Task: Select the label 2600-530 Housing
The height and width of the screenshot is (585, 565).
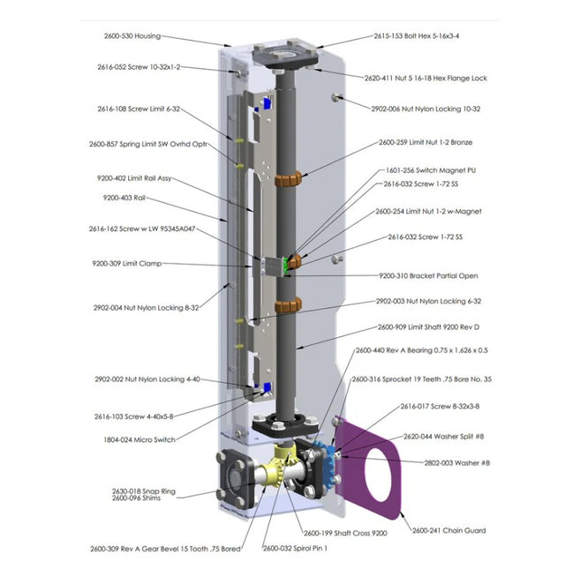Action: pyautogui.click(x=132, y=36)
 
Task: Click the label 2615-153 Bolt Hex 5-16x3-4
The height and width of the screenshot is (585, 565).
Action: pyautogui.click(x=417, y=36)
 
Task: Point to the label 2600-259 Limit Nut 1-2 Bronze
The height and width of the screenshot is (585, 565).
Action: pyautogui.click(x=426, y=143)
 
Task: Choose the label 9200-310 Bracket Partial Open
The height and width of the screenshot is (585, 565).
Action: pyautogui.click(x=428, y=276)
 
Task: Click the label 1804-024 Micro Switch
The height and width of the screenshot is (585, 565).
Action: pyautogui.click(x=139, y=440)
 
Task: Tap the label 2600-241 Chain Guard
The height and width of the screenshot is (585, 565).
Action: pyautogui.click(x=449, y=530)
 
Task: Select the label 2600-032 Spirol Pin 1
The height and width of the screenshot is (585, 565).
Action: pyautogui.click(x=295, y=549)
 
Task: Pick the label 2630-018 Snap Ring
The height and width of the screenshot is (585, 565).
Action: pyautogui.click(x=144, y=491)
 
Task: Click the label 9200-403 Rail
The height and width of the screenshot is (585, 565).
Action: pyautogui.click(x=124, y=198)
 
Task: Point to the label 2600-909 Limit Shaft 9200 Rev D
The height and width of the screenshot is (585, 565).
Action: pyautogui.click(x=428, y=327)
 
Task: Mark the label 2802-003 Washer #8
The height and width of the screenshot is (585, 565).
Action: pyautogui.click(x=457, y=463)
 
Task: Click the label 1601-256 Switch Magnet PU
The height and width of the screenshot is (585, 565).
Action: pyautogui.click(x=431, y=170)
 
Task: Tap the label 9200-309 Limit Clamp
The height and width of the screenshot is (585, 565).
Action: pyautogui.click(x=127, y=264)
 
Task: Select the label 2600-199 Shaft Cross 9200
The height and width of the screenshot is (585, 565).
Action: pyautogui.click(x=345, y=533)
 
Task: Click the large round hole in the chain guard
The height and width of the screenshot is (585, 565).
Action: pyautogui.click(x=378, y=471)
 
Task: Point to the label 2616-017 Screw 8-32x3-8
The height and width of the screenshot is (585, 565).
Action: pyautogui.click(x=440, y=406)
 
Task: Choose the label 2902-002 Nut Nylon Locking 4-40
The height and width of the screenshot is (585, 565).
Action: pyautogui.click(x=147, y=379)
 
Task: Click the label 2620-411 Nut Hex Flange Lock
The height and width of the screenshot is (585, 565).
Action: pyautogui.click(x=426, y=79)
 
